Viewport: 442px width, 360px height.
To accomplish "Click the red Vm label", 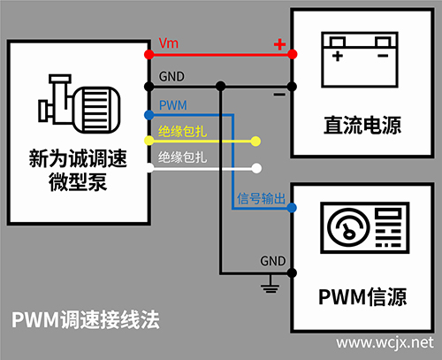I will (x=168, y=43).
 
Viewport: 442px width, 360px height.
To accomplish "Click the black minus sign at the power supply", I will (x=279, y=92).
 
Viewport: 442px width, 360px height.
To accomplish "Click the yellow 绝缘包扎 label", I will (x=182, y=132).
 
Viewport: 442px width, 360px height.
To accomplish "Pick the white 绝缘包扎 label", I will (x=182, y=157).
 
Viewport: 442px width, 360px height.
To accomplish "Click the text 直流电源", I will (x=363, y=126).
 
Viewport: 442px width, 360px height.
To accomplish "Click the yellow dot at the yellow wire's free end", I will (x=257, y=142).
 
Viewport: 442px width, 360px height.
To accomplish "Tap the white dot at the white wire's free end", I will (x=257, y=167).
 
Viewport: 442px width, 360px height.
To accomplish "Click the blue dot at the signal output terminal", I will (x=292, y=208).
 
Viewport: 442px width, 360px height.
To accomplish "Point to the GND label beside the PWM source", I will (x=272, y=261).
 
